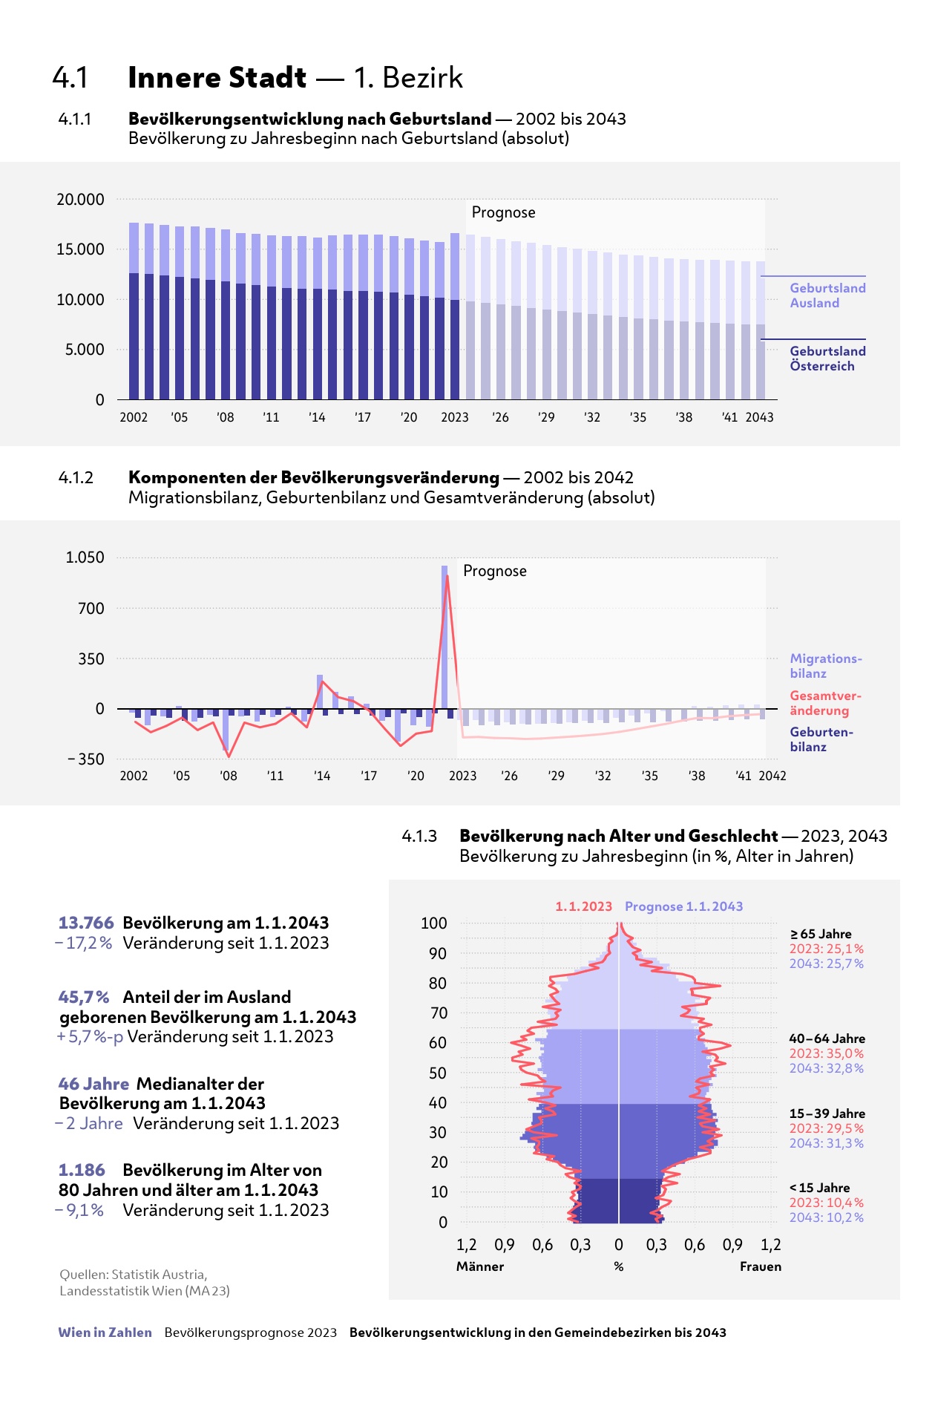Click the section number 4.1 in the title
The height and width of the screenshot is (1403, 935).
[x=70, y=77]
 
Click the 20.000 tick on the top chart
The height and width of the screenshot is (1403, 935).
[x=80, y=199]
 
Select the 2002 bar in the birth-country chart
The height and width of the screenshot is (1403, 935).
[x=134, y=312]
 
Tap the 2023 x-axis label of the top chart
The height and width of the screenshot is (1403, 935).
[x=454, y=417]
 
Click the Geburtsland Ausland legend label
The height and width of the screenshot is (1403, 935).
[x=827, y=295]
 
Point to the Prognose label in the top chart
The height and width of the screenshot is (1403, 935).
[x=503, y=212]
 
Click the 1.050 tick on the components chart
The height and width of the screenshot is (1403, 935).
[x=85, y=557]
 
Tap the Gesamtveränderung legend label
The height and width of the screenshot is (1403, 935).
[x=824, y=703]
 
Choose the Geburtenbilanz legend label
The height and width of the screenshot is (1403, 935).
[x=821, y=739]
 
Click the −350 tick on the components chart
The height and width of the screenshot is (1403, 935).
[x=85, y=759]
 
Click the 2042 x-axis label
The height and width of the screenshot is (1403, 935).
[x=772, y=776]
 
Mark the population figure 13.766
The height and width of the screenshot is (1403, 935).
[x=86, y=923]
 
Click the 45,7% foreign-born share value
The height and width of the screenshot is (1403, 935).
[x=84, y=997]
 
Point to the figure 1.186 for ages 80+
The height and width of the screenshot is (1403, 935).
[x=82, y=1170]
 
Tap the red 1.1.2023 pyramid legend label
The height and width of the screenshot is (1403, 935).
[x=583, y=906]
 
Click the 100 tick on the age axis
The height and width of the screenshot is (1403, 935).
[x=434, y=923]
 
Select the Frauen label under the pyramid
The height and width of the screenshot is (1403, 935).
[x=760, y=1266]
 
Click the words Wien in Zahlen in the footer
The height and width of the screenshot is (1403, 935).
[x=105, y=1332]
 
